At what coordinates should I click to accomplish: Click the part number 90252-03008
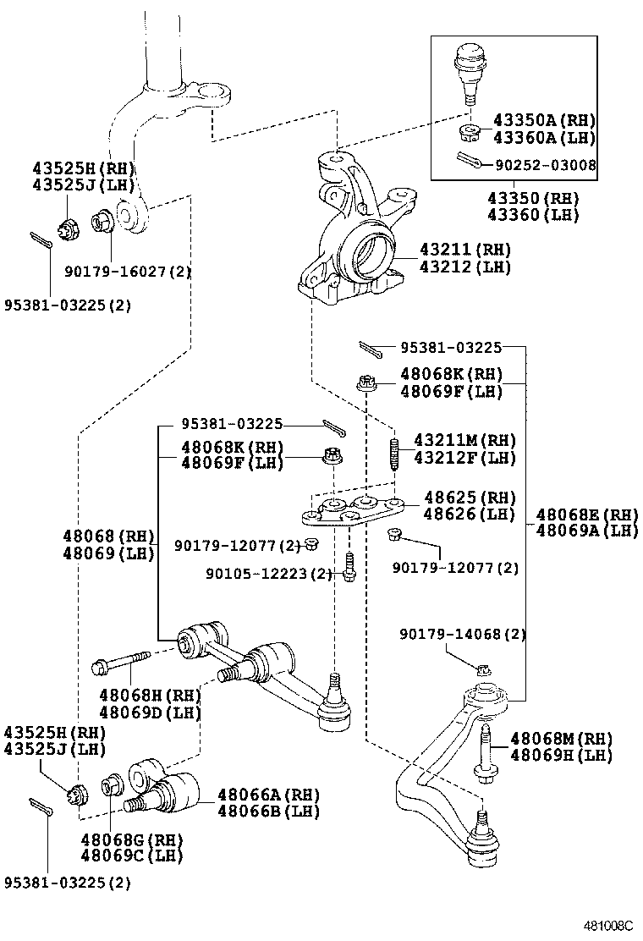point(546,165)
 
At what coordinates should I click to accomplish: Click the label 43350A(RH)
point(545,121)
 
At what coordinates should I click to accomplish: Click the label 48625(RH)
point(470,498)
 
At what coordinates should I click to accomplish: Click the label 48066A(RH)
point(269,794)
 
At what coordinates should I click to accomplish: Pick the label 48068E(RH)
point(586,515)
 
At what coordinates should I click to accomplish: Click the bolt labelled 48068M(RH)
point(486,750)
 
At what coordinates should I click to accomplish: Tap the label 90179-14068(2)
point(463,633)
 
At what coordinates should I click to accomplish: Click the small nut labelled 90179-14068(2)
point(483,669)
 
